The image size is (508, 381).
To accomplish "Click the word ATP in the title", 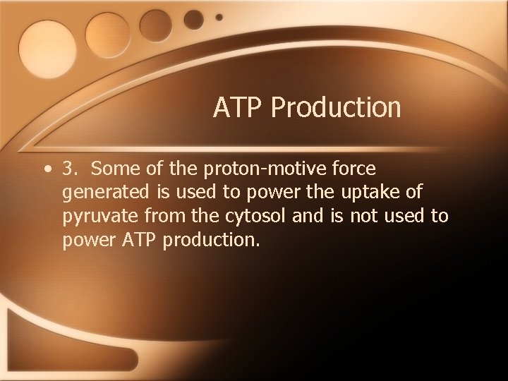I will click(x=238, y=108).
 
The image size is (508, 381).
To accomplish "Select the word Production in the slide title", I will click(x=336, y=108).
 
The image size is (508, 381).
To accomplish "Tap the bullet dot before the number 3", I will click(x=46, y=169).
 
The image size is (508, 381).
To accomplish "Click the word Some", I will click(x=114, y=169).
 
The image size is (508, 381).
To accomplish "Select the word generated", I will click(x=103, y=193).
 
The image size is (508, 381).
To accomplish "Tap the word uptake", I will click(x=337, y=193).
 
